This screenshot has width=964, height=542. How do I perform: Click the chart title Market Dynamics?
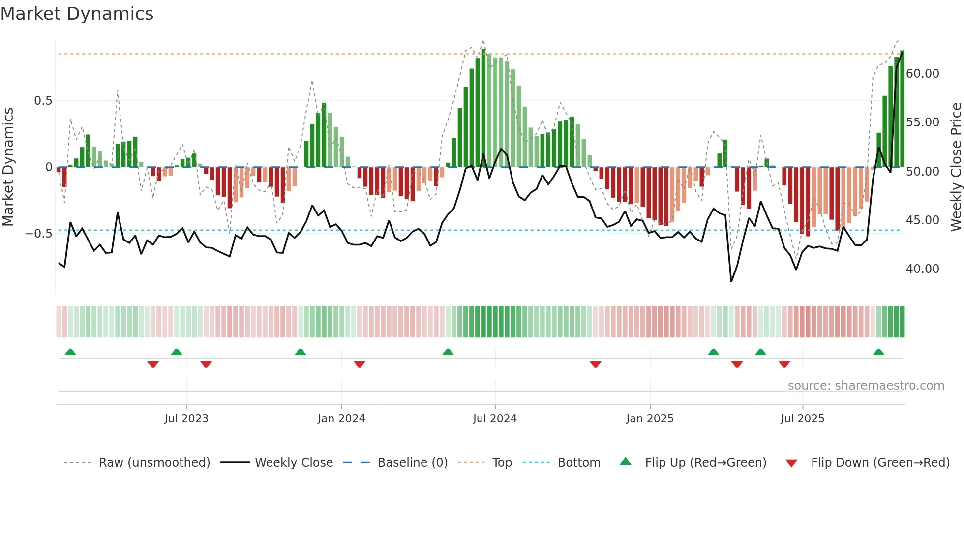pyautogui.click(x=77, y=14)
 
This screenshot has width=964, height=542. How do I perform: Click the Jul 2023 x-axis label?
pyautogui.click(x=186, y=418)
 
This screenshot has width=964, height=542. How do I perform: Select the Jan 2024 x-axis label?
pyautogui.click(x=341, y=418)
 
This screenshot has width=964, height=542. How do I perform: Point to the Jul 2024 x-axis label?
pyautogui.click(x=495, y=418)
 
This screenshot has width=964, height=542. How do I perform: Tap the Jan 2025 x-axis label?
pyautogui.click(x=650, y=418)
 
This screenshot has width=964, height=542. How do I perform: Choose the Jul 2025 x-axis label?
pyautogui.click(x=802, y=418)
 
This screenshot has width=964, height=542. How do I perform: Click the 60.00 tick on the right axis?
pyautogui.click(x=922, y=74)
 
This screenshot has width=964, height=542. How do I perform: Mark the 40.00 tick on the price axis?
pyautogui.click(x=922, y=269)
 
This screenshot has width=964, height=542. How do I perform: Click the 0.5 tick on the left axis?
pyautogui.click(x=43, y=101)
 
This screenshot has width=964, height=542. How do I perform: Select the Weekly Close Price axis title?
pyautogui.click(x=956, y=167)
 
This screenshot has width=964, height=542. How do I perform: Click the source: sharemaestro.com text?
pyautogui.click(x=866, y=386)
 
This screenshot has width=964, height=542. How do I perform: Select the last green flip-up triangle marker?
pyautogui.click(x=878, y=352)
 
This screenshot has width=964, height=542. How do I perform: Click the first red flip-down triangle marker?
pyautogui.click(x=153, y=364)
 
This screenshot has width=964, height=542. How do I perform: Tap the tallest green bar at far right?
pyautogui.click(x=902, y=108)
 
